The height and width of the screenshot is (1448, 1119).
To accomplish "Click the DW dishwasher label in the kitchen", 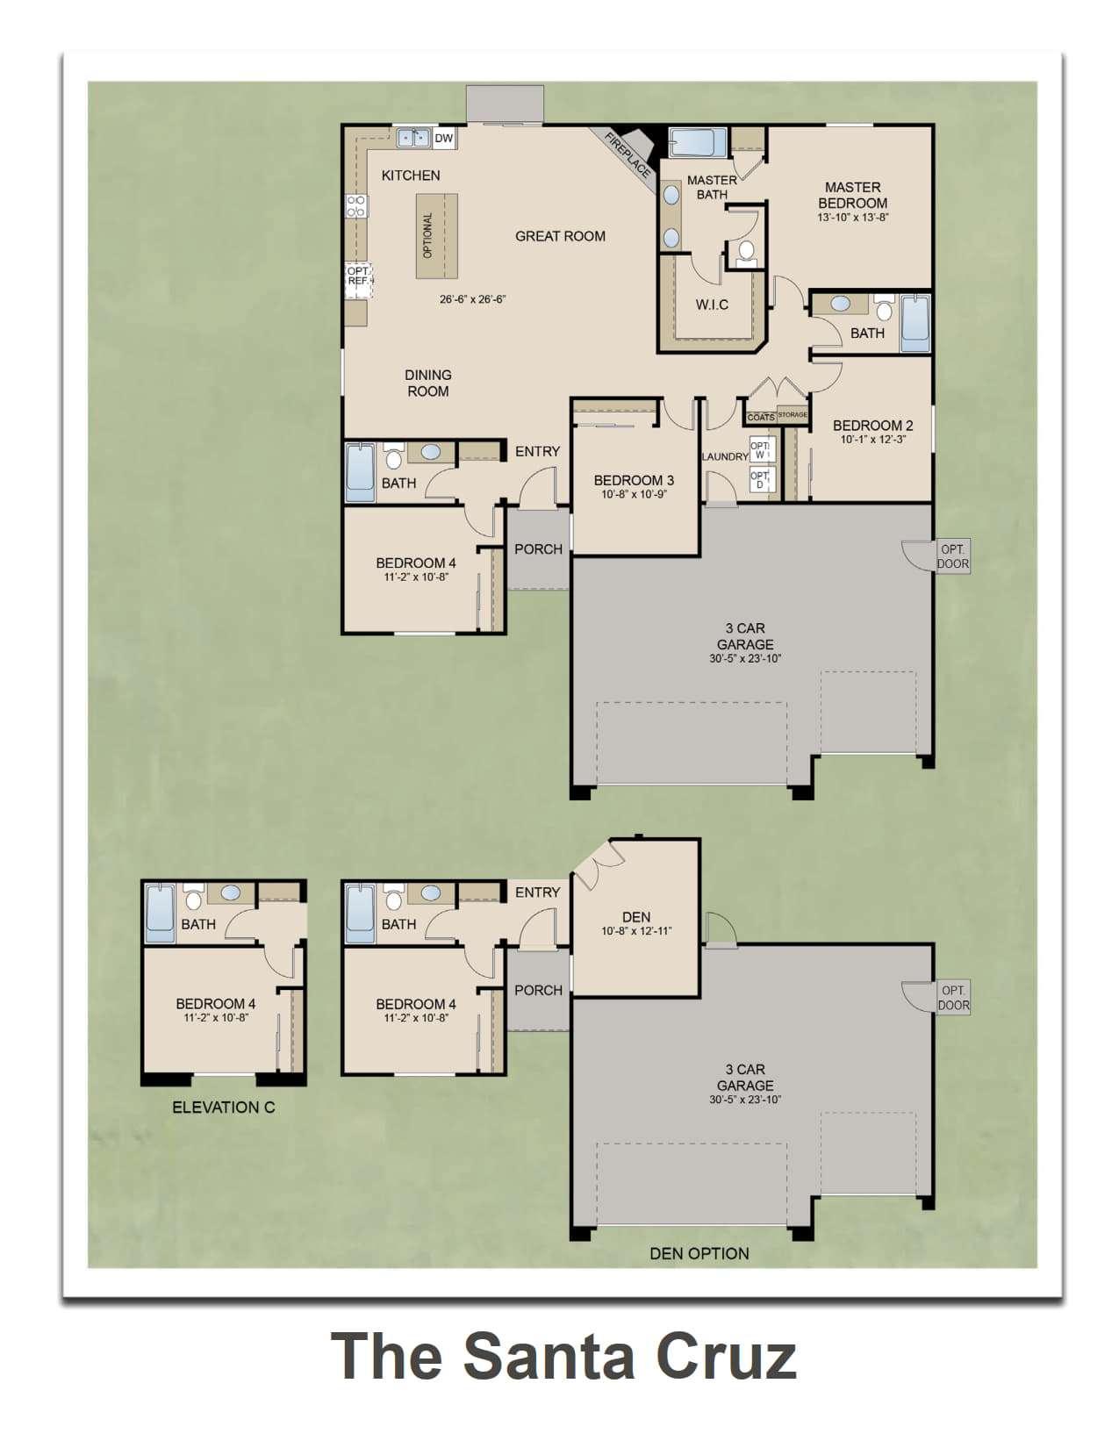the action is pos(443,139).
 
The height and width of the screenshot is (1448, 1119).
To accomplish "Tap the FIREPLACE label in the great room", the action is pos(628,156).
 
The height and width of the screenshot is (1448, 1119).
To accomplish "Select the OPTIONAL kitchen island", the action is pos(436,236).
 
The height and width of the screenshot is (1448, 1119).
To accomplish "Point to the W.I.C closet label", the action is pos(712,305).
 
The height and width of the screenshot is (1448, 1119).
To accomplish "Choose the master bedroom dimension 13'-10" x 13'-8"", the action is pos(852,218).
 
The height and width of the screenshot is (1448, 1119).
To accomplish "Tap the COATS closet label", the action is pos(760,417).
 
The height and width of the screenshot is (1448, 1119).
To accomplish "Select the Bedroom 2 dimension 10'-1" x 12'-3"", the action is pos(872,440).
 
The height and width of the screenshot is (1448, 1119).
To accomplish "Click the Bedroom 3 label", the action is pos(634,480).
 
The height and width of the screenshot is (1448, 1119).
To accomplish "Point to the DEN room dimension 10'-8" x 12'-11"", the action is pos(636,931).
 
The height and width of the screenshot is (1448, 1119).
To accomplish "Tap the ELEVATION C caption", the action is pos(224,1108).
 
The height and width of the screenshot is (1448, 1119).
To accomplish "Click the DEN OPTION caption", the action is pos(699,1254).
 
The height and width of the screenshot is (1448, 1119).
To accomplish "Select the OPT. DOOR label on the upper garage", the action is pos(953,556).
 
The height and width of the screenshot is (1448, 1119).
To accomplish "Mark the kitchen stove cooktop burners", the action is pos(356,206).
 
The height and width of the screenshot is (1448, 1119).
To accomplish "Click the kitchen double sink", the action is pos(414,138).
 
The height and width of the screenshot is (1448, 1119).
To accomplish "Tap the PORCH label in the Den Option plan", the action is pos(539,991).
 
